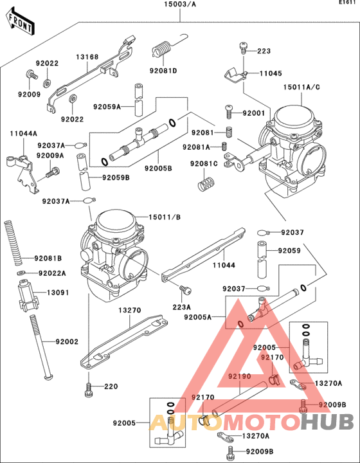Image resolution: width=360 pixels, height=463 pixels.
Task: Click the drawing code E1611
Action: pos(348,4)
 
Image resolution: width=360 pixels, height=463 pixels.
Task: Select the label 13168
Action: pos(87,57)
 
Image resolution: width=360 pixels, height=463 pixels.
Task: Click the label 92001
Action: pos(253,113)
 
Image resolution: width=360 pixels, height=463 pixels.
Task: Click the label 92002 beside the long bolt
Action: pos(66,341)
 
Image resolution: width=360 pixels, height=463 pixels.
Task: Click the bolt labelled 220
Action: pos(89,388)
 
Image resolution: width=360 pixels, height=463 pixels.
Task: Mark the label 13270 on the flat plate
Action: pos(129,310)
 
